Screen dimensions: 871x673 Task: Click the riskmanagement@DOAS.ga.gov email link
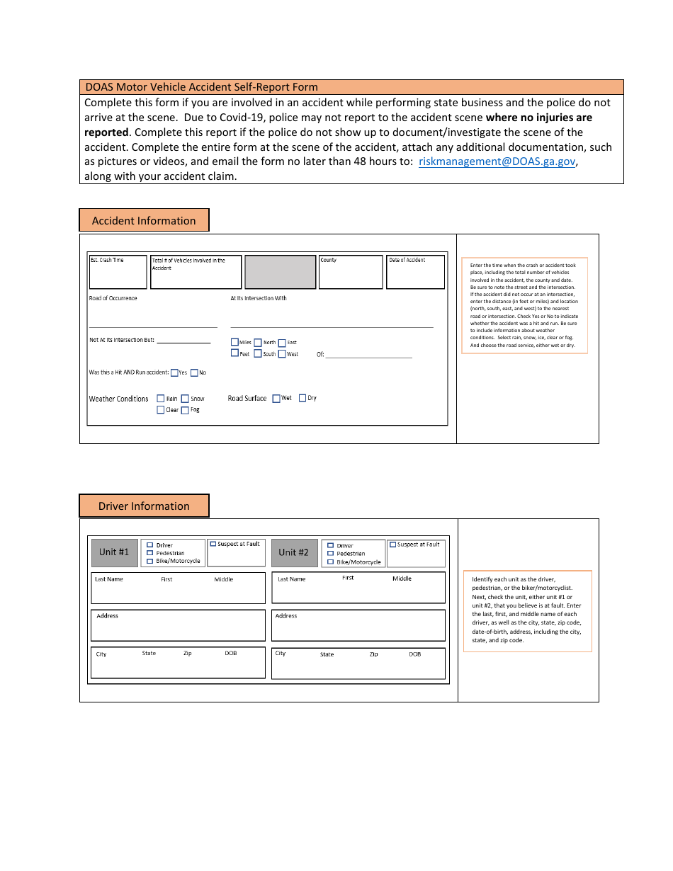tap(497, 161)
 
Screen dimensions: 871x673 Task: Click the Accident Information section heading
tap(144, 220)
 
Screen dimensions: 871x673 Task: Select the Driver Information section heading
tap(144, 506)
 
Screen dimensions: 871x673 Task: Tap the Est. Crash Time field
tap(118, 273)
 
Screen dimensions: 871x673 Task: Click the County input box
tap(350, 273)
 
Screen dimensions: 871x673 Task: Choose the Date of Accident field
tap(415, 273)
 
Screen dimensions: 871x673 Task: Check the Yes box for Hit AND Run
tap(174, 372)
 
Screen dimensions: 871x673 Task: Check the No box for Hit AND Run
tap(194, 372)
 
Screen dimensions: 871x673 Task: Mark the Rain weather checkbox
tap(161, 399)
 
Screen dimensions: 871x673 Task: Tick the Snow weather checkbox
tap(185, 399)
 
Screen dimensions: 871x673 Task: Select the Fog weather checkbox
tap(185, 410)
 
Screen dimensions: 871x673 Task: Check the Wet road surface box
tap(276, 398)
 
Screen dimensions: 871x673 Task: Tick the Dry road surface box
tap(302, 398)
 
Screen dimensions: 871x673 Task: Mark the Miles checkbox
tap(234, 342)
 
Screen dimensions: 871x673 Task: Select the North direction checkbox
tap(258, 342)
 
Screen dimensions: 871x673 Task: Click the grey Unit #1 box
tap(114, 552)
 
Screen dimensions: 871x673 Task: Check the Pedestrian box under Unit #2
tap(330, 554)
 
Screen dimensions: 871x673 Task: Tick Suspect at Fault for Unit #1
tap(213, 544)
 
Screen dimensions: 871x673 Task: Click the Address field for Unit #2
tap(358, 626)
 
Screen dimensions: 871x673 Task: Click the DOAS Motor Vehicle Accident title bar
tap(351, 87)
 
